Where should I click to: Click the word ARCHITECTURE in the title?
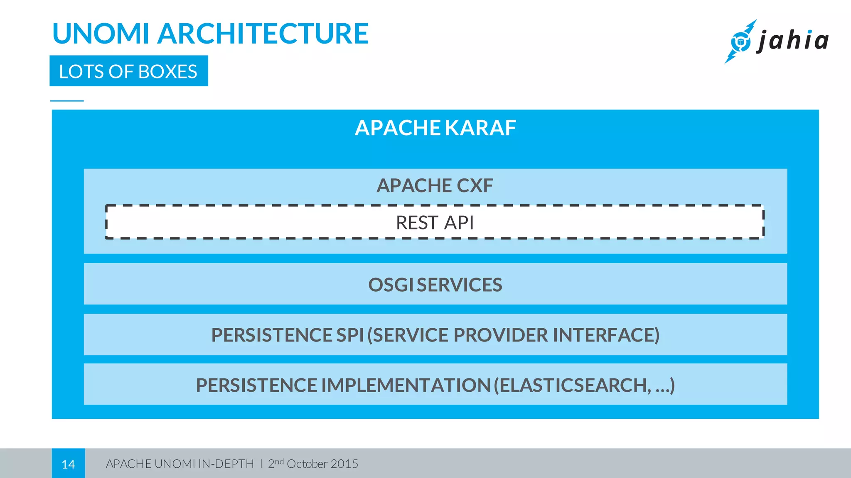[263, 34]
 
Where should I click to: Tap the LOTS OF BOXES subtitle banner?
[128, 71]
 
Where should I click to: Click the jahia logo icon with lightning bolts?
[740, 41]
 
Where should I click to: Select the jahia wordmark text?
[793, 41]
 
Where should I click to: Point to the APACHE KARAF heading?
[435, 128]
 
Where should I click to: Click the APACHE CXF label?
[435, 185]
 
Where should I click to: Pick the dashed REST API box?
[435, 222]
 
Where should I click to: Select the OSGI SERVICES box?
[435, 284]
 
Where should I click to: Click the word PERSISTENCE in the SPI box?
[271, 335]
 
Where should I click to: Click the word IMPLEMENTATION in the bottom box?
[406, 385]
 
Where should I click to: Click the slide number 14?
[68, 464]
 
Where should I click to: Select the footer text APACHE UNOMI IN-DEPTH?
[180, 464]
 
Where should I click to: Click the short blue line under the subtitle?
[67, 101]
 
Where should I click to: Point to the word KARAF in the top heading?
[480, 128]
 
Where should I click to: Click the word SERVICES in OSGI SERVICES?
[459, 285]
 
